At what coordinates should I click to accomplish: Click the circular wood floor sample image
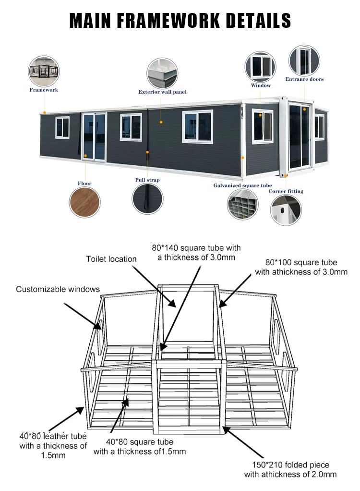tap(84, 202)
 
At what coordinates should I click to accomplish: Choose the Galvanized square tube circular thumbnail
tap(243, 205)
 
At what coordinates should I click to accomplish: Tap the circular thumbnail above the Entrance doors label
tap(304, 60)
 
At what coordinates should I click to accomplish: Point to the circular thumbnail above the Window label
tap(261, 66)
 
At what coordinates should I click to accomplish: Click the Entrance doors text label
tap(304, 79)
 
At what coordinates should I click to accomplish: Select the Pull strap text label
tap(147, 180)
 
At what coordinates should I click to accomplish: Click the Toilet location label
tap(111, 259)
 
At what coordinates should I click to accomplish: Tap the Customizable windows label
tap(58, 289)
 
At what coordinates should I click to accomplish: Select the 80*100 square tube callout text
tap(301, 268)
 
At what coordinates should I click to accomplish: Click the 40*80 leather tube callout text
tap(53, 445)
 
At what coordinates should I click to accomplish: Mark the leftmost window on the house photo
tap(62, 127)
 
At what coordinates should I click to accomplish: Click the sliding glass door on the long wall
tap(94, 137)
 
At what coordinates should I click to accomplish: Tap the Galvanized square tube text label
tap(242, 185)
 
